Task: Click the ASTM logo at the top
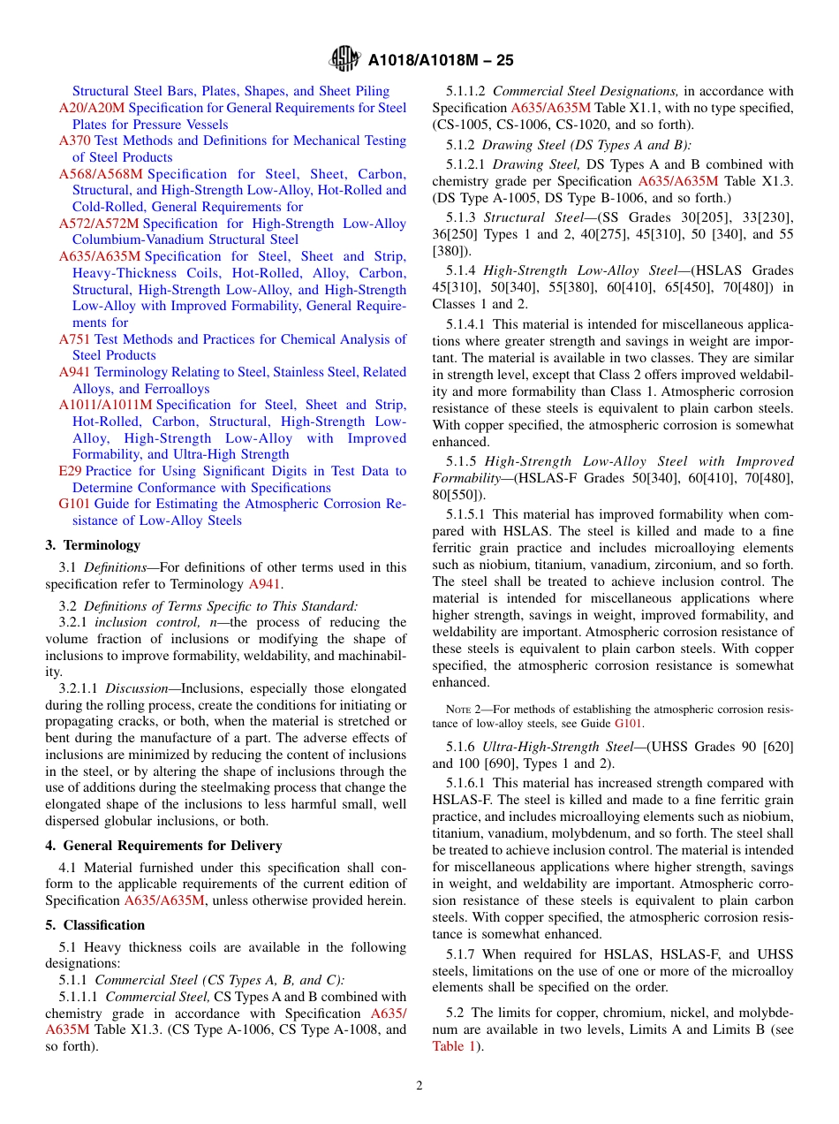344,59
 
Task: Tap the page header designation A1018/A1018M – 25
441,61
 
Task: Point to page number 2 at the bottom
419,1086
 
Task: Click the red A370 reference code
75,140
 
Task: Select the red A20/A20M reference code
92,108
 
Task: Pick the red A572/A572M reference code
99,224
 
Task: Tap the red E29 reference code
70,471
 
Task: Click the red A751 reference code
75,339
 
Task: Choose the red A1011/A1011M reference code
105,405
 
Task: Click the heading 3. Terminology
93,545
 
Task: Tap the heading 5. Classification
95,925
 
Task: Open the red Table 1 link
454,1046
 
